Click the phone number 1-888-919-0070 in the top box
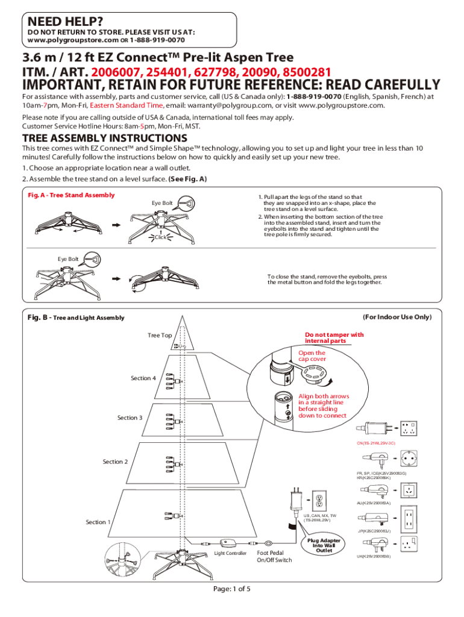pos(157,40)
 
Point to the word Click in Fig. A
pos(160,237)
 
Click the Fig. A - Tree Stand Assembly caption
pos(72,195)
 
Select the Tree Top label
pos(160,335)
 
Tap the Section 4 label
pos(143,378)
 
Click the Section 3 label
pos(130,418)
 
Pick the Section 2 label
pos(115,462)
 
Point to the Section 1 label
pos(98,522)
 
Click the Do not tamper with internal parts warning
pos(334,337)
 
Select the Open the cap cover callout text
pos(312,356)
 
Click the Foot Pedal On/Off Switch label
pos(274,556)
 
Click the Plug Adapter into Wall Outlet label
pos(324,545)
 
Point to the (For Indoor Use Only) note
pos(397,316)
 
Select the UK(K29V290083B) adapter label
pos(374,556)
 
